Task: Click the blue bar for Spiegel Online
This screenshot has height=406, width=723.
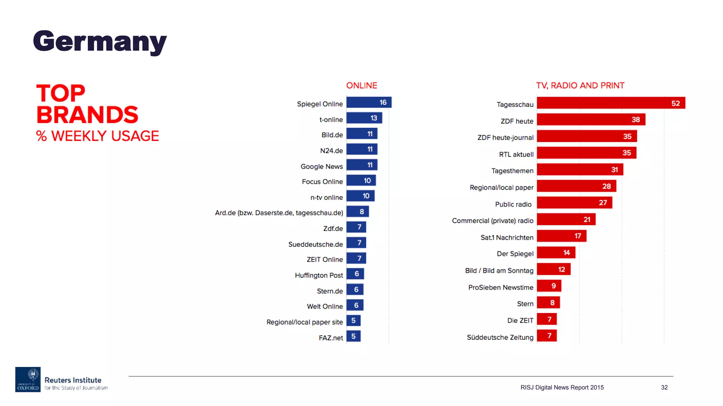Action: coord(369,102)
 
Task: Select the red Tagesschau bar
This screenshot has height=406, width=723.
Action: coord(611,103)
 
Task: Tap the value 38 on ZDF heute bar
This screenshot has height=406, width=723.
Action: coord(635,119)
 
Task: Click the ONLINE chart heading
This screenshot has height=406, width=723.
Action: coord(361,85)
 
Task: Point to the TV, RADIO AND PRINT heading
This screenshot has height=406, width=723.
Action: coord(580,85)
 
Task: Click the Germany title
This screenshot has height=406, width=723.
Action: coord(100,42)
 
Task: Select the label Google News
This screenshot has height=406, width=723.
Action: coord(321,166)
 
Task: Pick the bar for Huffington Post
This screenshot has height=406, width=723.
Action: coord(355,274)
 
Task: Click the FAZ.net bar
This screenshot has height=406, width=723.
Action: coord(353,336)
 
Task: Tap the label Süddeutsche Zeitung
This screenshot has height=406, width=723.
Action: coord(500,337)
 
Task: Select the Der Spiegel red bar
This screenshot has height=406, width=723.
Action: coord(556,253)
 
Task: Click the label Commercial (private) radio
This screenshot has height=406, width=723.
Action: coord(492,221)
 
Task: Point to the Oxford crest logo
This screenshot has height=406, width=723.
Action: coord(28,379)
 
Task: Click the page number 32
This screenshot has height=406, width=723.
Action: coord(664,387)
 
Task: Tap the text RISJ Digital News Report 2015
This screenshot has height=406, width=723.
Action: coord(562,387)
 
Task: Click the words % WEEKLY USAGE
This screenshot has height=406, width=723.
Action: coord(97,136)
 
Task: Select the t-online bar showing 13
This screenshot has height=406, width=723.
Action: coord(364,118)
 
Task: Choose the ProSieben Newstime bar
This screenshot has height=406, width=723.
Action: coord(549,286)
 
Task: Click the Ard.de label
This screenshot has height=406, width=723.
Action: coord(279,213)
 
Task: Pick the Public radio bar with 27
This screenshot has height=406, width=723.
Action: coord(574,203)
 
